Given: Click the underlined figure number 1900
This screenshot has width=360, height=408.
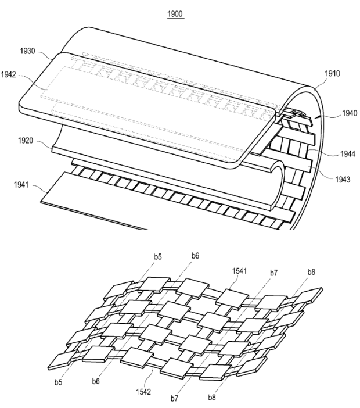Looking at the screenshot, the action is (175, 14).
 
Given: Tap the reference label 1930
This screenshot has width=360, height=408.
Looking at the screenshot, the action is (27, 51).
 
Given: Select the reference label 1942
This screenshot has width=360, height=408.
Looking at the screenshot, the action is (9, 74).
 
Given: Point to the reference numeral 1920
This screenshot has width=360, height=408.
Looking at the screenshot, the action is (26, 141).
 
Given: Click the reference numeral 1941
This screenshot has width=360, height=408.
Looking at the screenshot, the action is (21, 185).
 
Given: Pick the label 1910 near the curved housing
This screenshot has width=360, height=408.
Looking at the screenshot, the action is (332, 74).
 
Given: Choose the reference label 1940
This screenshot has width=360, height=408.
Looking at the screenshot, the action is (350, 113).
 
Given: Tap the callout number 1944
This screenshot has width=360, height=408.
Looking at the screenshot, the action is (348, 154).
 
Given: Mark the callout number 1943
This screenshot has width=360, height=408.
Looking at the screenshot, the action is (343, 179).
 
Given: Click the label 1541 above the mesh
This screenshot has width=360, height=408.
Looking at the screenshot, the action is (239, 271).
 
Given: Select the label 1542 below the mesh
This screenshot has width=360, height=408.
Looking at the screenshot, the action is (143, 392).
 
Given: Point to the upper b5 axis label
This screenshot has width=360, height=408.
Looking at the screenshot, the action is (158, 256).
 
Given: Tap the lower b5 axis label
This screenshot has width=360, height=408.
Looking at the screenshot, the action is (59, 382).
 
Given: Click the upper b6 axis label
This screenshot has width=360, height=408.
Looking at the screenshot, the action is (195, 256).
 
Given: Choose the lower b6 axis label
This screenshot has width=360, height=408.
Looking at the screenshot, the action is (96, 381).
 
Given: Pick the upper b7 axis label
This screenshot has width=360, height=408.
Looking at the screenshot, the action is (273, 273).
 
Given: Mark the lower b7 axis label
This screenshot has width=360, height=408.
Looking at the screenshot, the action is (174, 398).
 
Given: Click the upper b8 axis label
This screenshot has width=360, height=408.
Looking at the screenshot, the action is (311, 272).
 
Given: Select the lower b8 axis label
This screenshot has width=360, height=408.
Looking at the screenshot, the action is (212, 398).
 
